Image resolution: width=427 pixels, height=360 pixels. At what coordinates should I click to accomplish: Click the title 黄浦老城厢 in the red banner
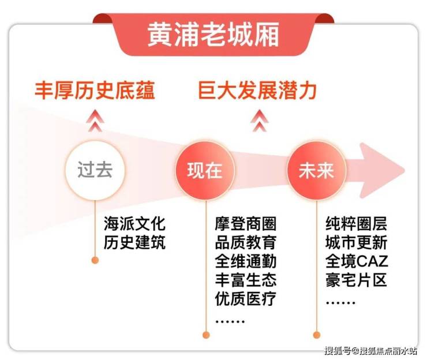pos(213,34)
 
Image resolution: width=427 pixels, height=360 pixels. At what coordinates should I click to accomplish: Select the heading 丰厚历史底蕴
pos(95,91)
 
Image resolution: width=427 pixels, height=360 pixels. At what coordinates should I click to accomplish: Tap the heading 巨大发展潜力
pos(257,91)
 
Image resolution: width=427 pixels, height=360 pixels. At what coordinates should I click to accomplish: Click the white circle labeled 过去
pos(95,170)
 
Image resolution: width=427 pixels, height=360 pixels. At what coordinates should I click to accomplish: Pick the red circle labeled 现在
pos(205,171)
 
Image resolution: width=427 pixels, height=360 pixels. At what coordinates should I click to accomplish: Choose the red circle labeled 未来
pos(316,171)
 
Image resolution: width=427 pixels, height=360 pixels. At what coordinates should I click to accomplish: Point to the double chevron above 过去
pos(95,121)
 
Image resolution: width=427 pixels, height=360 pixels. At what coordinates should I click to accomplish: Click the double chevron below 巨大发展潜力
pos(260,121)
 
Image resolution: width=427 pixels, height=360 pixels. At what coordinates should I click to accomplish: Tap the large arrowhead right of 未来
pos(381,170)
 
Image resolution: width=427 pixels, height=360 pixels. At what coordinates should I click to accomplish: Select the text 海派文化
pos(134,224)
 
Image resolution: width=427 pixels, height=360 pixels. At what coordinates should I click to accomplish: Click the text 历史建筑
pos(134,242)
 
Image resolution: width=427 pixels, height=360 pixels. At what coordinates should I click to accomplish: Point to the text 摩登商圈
pos(246,224)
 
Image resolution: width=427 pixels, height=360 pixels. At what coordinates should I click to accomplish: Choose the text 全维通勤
pos(246,261)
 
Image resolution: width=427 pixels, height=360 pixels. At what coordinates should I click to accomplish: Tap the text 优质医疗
pos(246,298)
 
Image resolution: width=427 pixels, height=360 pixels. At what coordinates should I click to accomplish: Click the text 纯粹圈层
pos(356,224)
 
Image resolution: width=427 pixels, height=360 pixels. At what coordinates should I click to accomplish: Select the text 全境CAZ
pos(357,261)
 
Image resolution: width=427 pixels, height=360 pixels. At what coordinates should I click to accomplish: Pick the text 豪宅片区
pos(356,280)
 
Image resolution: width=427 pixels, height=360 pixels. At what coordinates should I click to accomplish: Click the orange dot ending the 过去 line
pos(95,260)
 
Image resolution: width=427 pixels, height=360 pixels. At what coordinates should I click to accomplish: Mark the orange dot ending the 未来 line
pos(317,335)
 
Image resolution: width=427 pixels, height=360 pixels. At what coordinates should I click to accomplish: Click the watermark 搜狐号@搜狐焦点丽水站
pos(370,350)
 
